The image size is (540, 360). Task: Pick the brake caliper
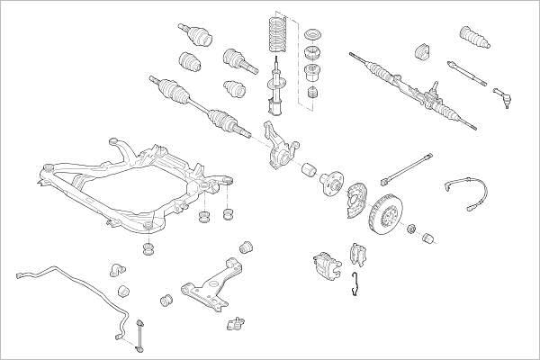click(x=325, y=265)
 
